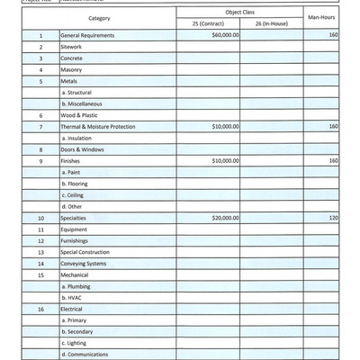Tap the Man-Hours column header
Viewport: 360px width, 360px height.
click(x=321, y=17)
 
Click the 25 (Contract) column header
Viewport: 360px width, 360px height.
click(x=207, y=22)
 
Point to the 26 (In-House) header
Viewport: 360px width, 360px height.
click(x=271, y=22)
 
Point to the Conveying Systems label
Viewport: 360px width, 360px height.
click(x=83, y=264)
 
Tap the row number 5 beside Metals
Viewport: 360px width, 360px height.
click(x=40, y=80)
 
